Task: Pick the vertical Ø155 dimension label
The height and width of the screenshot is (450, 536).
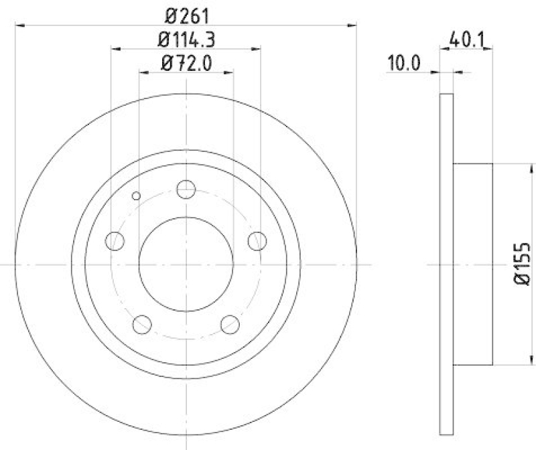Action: coord(523,264)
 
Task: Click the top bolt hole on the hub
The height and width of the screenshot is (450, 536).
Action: coord(186,190)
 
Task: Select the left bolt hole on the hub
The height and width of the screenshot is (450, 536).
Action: coord(115,240)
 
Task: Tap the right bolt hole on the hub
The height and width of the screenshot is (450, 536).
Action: coord(257,240)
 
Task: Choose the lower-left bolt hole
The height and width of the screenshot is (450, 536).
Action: coord(142,324)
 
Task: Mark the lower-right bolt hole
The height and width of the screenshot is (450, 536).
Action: coord(230,324)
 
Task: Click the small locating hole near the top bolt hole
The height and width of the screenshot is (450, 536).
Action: coord(137,196)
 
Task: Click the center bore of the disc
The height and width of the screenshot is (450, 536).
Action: coord(186,264)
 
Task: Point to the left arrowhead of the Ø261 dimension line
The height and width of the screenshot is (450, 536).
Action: coord(18,25)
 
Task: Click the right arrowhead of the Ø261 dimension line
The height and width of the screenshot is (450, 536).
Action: coord(353,25)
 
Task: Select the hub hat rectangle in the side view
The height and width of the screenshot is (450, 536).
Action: coord(473,264)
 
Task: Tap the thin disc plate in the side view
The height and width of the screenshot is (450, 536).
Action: coord(447,264)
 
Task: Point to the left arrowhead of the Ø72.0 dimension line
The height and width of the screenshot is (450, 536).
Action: coord(142,72)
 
